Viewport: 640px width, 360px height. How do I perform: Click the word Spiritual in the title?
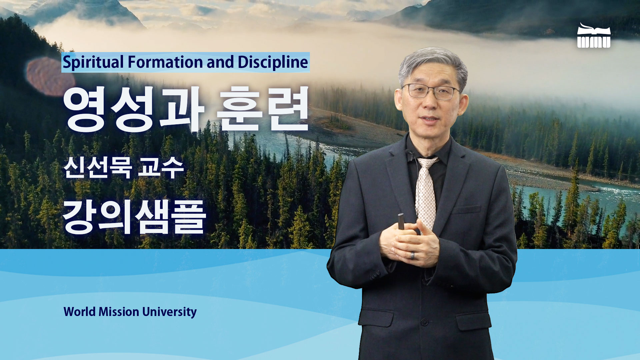[93, 63]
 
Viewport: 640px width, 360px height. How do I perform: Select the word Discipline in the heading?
[273, 62]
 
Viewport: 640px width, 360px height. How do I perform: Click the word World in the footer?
[79, 312]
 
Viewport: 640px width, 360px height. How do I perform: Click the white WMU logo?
[594, 36]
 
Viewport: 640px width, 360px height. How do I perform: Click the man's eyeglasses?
[431, 91]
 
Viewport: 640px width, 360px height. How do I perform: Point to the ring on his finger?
[413, 256]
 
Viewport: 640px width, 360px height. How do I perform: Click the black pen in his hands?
[401, 221]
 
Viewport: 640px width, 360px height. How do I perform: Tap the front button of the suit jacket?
[424, 322]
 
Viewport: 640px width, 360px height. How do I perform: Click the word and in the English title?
[220, 62]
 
